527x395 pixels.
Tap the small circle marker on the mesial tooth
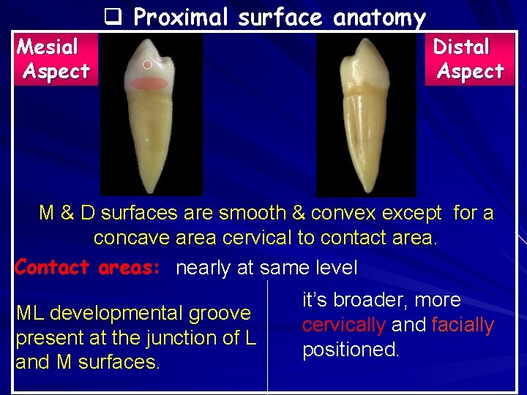point(146,65)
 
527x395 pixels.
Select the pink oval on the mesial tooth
point(150,83)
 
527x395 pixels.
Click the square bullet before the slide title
point(112,16)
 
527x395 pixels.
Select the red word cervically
point(345,325)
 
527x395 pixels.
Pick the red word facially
point(463,325)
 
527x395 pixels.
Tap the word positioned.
point(351,350)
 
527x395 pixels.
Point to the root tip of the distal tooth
point(364,192)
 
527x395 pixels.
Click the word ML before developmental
point(30,313)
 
